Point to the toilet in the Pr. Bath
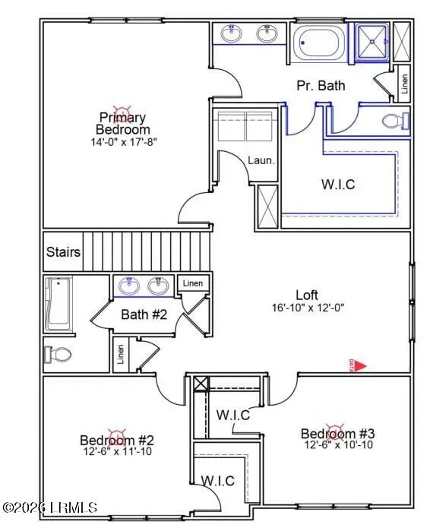point(395,121)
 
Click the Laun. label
point(261,160)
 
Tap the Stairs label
point(63,252)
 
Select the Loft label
point(307,295)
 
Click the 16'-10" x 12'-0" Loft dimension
point(307,308)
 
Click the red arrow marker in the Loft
point(362,366)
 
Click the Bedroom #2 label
point(117,440)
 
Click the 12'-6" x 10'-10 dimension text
point(338,445)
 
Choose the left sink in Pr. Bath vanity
point(230,33)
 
